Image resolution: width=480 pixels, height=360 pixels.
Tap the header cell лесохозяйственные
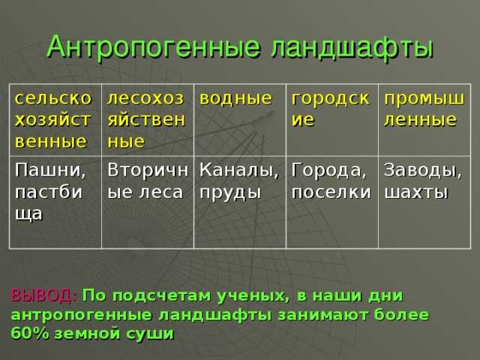[147, 119]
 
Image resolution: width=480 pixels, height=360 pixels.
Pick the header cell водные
[235, 98]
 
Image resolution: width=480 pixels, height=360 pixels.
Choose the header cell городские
[330, 109]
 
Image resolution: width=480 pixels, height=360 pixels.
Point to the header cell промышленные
[422, 109]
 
